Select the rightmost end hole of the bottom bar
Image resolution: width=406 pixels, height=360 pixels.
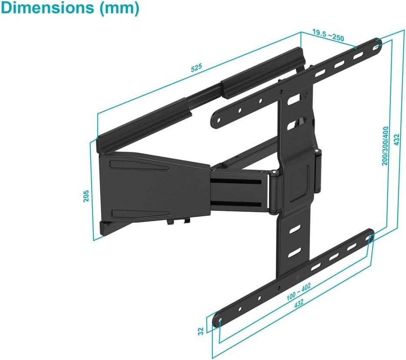(x=370, y=237)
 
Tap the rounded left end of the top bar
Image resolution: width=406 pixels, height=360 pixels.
(x=216, y=118)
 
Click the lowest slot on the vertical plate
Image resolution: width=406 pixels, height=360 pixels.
(x=294, y=251)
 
